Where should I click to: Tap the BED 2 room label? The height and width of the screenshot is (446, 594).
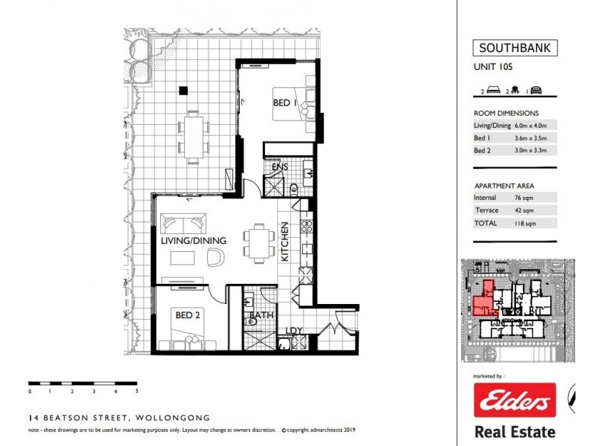[188, 315]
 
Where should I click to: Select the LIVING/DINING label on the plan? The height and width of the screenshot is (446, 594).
[193, 241]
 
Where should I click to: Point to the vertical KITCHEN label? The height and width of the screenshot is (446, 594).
[284, 242]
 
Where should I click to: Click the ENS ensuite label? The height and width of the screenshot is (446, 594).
[279, 167]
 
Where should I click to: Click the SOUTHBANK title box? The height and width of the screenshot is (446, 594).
[515, 49]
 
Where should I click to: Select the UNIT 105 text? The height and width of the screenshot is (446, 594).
[493, 67]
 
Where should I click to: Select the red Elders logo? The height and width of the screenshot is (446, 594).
[515, 402]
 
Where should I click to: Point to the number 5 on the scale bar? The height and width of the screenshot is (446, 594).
[137, 390]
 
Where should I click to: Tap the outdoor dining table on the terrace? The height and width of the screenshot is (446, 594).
[193, 138]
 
